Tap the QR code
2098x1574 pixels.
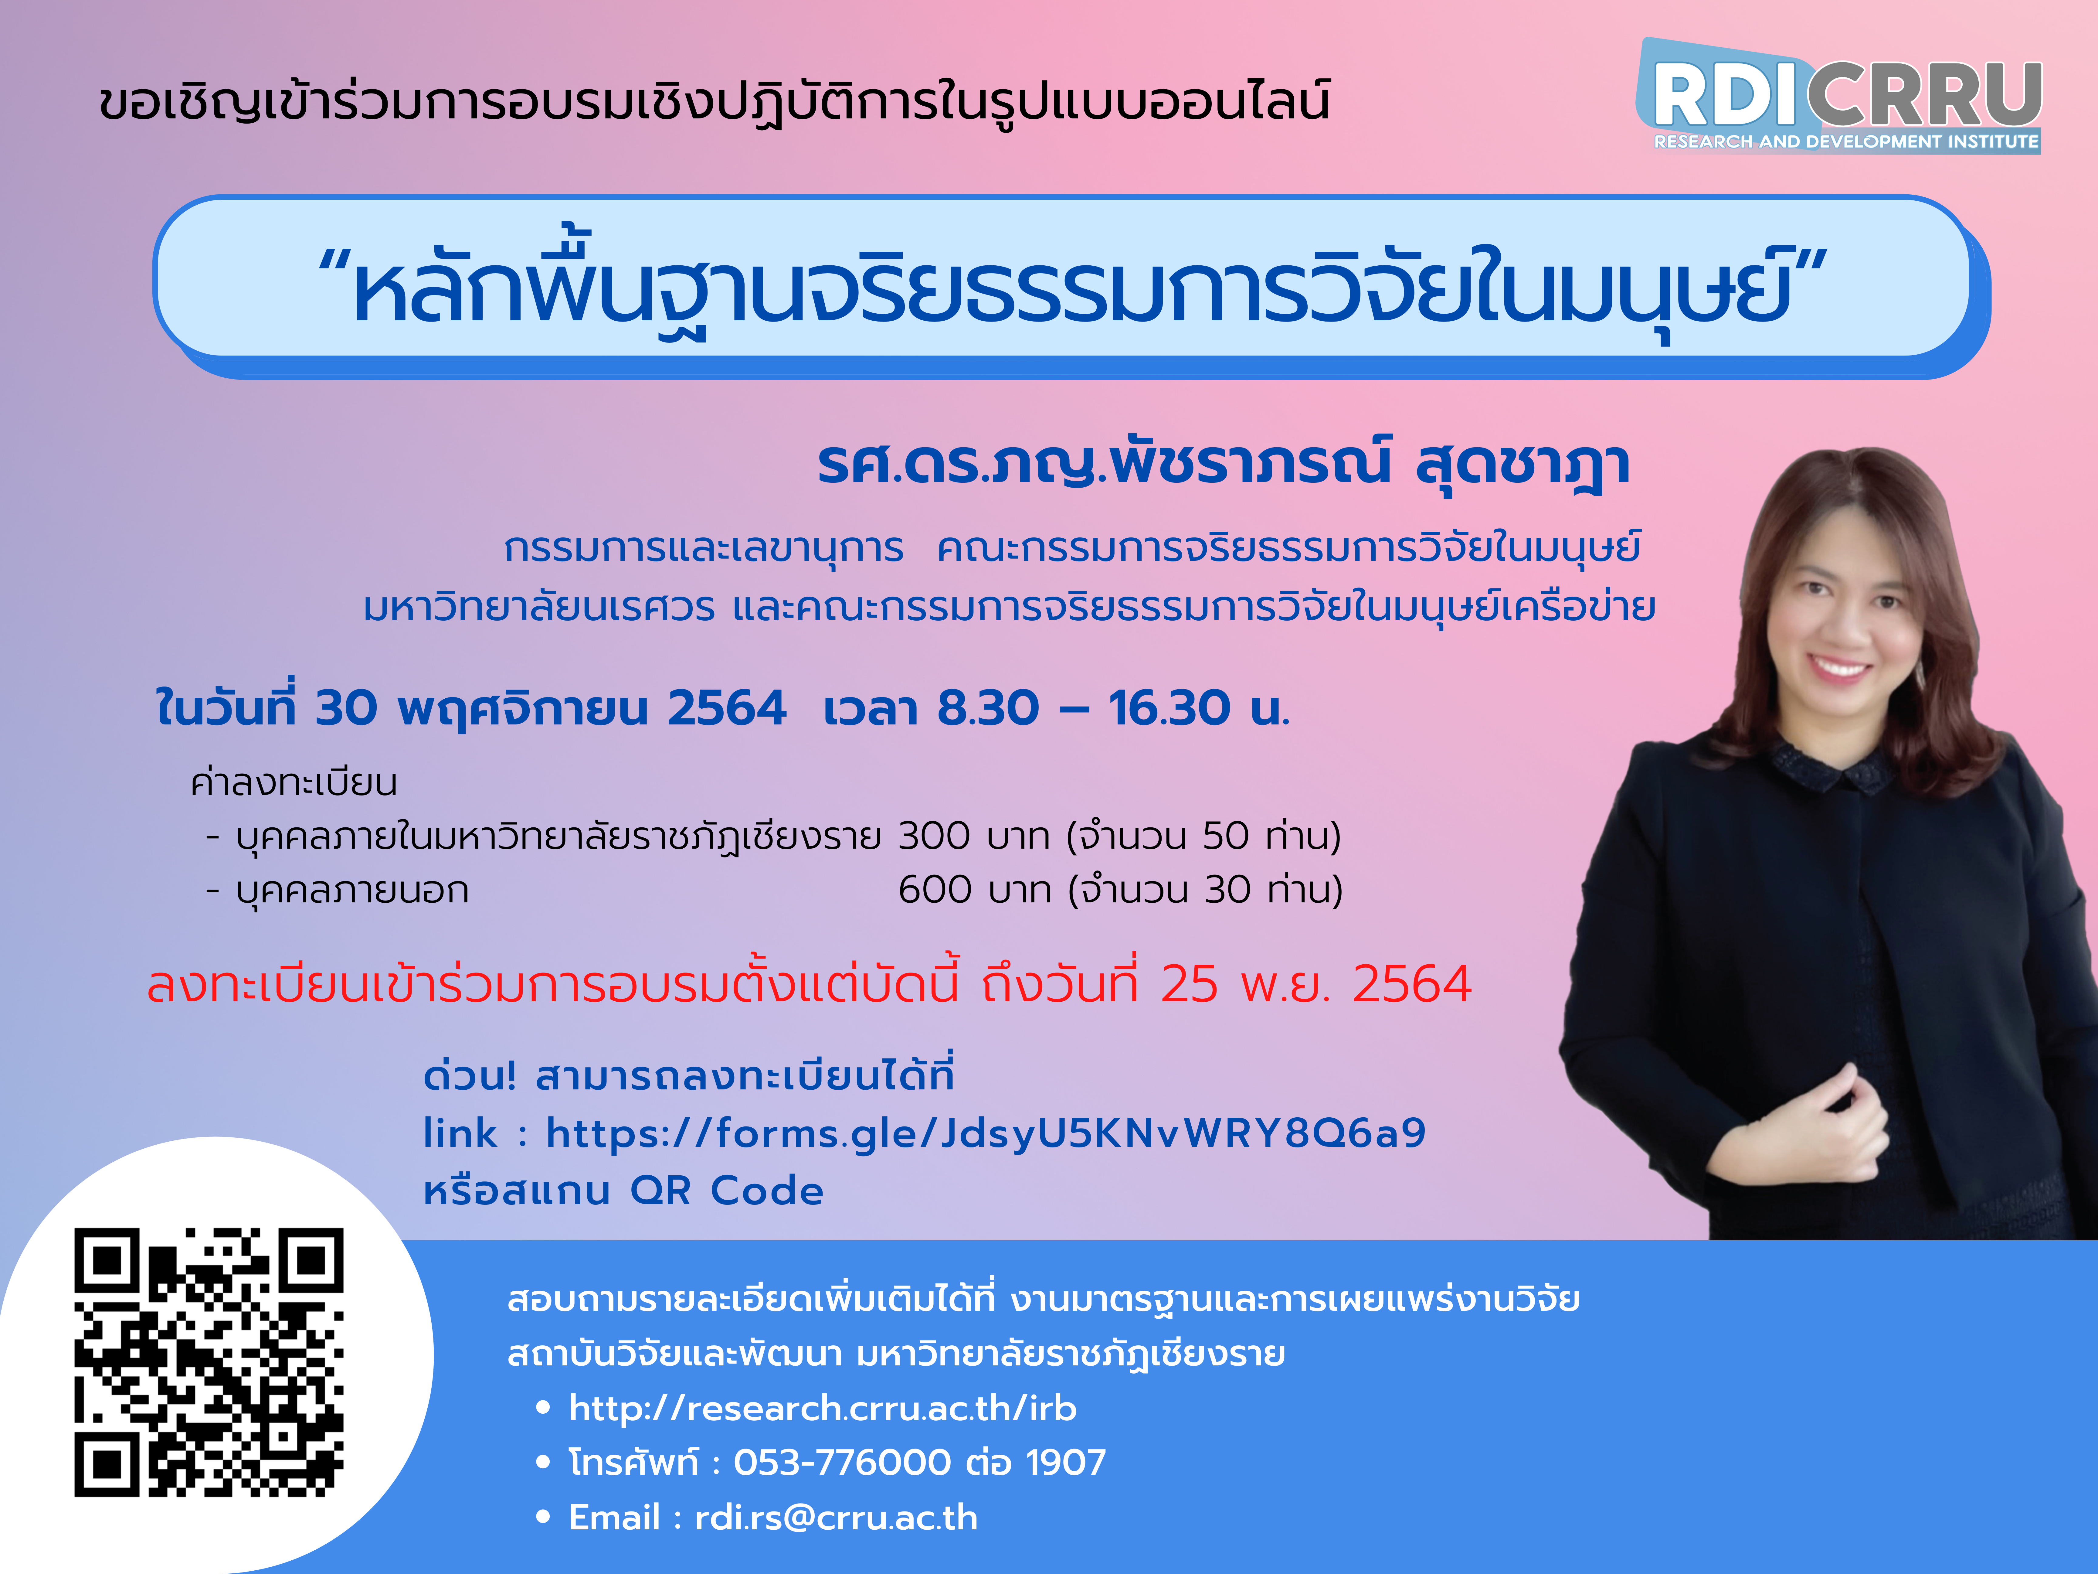pyautogui.click(x=209, y=1362)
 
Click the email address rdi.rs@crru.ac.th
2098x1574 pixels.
pyautogui.click(x=836, y=1517)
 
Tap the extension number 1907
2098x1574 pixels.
pyautogui.click(x=1066, y=1462)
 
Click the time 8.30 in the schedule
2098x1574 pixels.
pyautogui.click(x=988, y=708)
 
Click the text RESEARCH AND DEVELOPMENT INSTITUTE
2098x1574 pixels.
pyautogui.click(x=1846, y=141)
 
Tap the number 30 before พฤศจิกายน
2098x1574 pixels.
pyautogui.click(x=346, y=708)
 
